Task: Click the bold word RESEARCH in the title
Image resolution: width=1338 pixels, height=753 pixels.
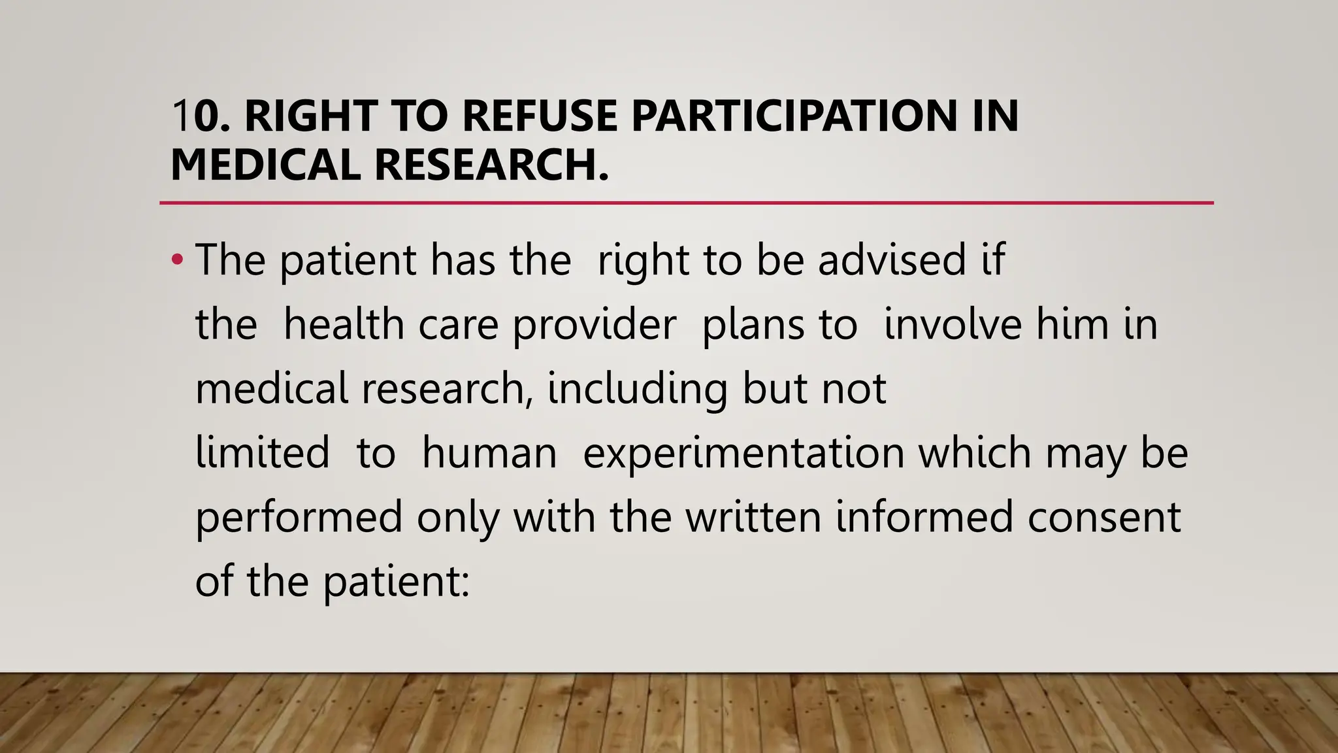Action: [487, 164]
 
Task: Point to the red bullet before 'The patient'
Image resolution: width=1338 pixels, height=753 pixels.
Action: [176, 260]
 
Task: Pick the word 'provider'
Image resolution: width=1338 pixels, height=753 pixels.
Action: [594, 326]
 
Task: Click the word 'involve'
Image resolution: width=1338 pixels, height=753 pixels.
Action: [952, 324]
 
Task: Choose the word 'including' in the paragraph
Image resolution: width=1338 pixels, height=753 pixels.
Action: [637, 389]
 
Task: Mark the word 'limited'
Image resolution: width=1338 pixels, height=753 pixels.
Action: [263, 452]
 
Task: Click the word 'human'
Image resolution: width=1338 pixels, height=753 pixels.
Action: [489, 453]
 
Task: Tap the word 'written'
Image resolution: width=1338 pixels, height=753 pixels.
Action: [753, 517]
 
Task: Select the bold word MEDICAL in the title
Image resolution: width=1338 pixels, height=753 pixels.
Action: [265, 164]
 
